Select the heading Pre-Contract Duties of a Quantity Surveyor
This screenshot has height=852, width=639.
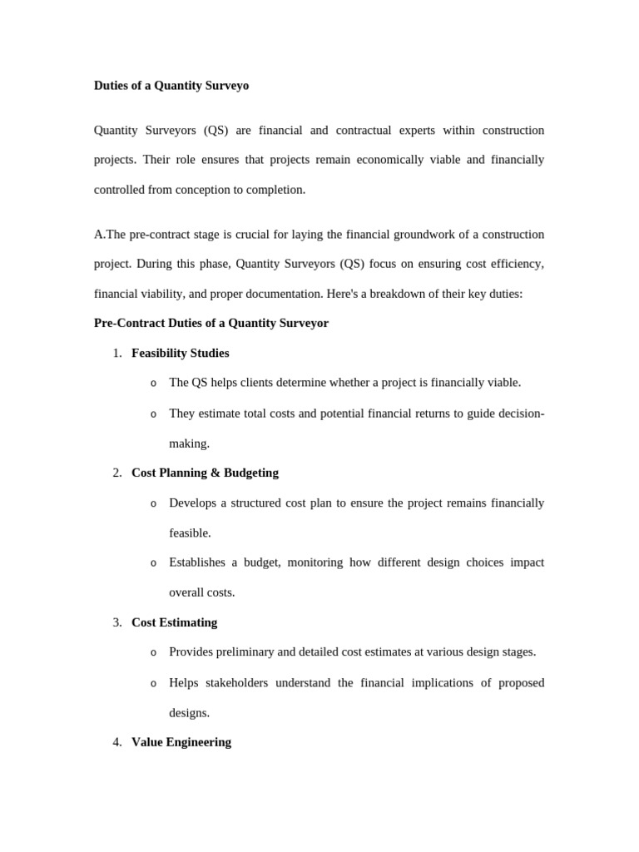tap(211, 323)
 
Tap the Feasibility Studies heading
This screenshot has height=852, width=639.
tap(180, 353)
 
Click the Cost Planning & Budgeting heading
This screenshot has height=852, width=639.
tap(205, 473)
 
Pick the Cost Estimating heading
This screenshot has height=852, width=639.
tap(174, 622)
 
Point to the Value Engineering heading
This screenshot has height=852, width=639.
tap(181, 742)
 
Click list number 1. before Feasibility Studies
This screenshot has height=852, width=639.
tap(117, 353)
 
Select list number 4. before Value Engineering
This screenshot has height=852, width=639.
tap(117, 742)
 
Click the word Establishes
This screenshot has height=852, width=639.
tap(197, 562)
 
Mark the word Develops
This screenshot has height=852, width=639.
tap(191, 503)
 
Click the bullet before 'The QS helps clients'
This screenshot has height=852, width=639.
tap(153, 384)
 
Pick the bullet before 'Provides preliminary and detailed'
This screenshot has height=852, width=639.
tap(153, 653)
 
